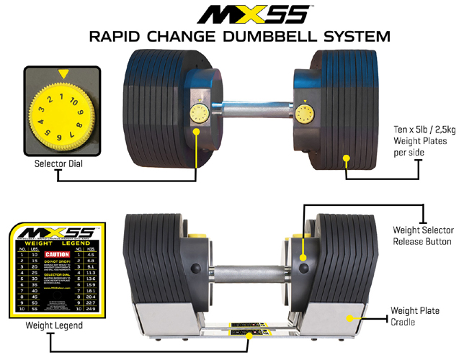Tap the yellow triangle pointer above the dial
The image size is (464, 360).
pyautogui.click(x=64, y=73)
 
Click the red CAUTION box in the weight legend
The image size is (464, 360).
pyautogui.click(x=56, y=254)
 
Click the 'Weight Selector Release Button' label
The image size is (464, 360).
pyautogui.click(x=421, y=235)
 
